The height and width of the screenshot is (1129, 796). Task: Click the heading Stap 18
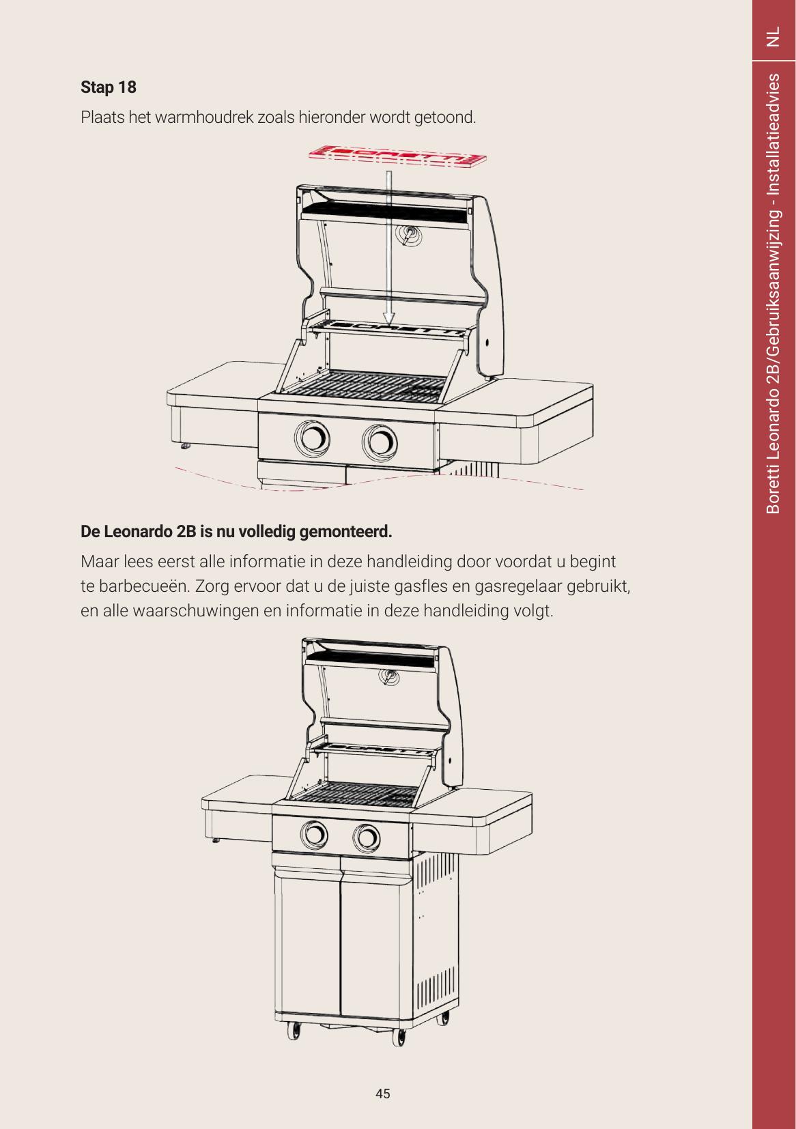(109, 87)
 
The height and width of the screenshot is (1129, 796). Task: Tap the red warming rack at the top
(398, 156)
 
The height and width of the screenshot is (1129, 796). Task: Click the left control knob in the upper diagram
(313, 438)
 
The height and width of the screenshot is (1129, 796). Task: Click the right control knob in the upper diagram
(380, 442)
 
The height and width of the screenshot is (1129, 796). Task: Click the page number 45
(382, 1094)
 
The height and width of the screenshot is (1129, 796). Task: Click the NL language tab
(773, 37)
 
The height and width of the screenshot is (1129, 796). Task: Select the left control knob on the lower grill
(314, 834)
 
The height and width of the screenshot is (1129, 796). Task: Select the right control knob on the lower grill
(367, 838)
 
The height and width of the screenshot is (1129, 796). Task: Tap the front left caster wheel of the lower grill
(294, 1030)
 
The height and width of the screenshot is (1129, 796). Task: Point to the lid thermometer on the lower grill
(388, 676)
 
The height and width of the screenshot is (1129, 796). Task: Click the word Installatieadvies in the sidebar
(773, 134)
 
